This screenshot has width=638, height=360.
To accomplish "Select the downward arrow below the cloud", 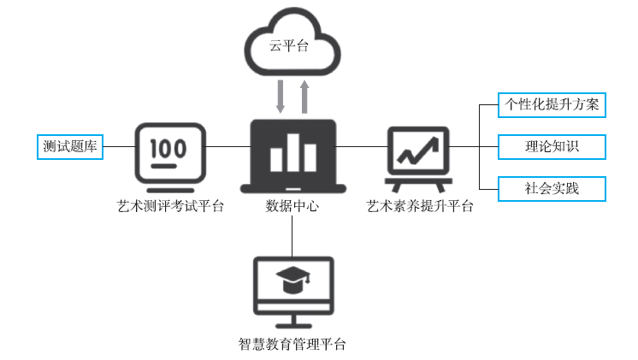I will [x=281, y=95].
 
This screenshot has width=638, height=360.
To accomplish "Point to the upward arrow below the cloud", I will [x=304, y=95].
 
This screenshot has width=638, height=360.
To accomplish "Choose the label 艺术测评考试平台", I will [x=171, y=206].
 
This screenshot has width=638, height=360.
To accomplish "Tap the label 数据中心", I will [x=292, y=206].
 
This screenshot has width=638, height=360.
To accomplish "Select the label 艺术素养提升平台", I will [x=420, y=206].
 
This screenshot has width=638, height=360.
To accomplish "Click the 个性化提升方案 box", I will [x=552, y=105].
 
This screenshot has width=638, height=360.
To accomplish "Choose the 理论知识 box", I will [x=552, y=146].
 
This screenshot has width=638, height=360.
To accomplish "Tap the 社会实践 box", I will [x=552, y=187].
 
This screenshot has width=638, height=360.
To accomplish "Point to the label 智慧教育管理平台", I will [x=292, y=345].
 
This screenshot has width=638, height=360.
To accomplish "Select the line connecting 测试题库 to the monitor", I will [x=119, y=146].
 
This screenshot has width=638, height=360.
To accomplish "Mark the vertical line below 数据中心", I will [x=292, y=235].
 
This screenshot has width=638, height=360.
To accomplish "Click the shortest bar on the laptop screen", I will [x=276, y=159].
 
